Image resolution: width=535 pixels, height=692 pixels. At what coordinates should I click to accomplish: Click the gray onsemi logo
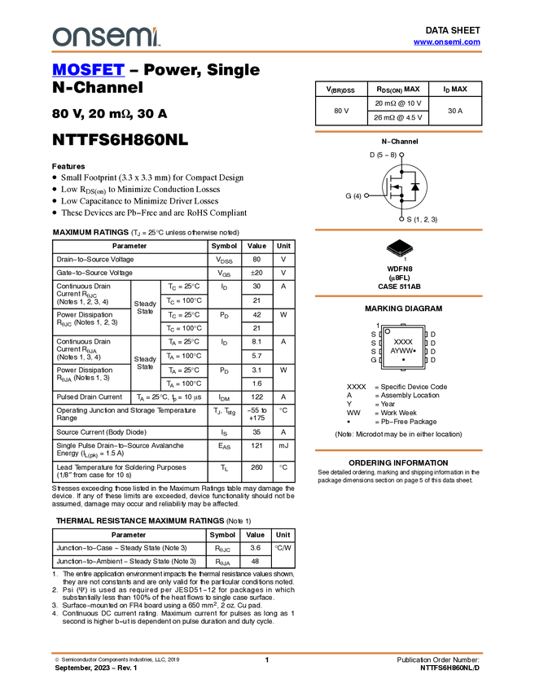point(104,37)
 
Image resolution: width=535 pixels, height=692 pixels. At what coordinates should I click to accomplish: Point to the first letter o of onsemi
point(60,37)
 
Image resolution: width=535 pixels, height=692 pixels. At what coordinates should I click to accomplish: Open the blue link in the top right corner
point(446,42)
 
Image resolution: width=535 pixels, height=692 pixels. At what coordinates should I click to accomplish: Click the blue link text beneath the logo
point(88,72)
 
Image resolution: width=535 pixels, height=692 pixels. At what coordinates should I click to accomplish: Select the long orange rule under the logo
point(267,52)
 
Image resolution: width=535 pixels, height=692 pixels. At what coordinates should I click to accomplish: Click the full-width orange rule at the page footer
point(267,653)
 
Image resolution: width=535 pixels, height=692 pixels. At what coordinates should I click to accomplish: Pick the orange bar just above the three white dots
point(398,131)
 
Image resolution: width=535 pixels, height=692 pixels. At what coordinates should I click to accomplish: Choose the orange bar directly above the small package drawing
point(398,230)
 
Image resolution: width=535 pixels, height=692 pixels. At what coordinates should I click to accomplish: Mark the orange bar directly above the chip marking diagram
point(398,296)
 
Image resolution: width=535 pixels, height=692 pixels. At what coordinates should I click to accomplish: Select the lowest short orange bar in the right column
point(398,450)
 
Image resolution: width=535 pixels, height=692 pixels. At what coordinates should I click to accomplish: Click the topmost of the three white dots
point(401,154)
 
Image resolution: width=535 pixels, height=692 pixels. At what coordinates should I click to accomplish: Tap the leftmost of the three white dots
point(366,195)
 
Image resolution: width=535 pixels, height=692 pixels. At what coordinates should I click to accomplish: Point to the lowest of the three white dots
point(401,219)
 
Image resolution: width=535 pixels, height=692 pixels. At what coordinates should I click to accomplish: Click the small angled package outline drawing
point(400,252)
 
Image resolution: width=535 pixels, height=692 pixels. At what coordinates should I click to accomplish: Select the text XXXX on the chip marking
point(403,342)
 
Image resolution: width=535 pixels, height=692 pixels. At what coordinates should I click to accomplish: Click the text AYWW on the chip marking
point(401,351)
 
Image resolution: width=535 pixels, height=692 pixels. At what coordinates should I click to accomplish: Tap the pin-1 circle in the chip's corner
point(388,331)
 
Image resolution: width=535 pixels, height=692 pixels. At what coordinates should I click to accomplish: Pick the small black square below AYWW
point(403,360)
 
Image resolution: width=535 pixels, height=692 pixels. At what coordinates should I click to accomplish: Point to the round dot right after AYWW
point(414,351)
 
